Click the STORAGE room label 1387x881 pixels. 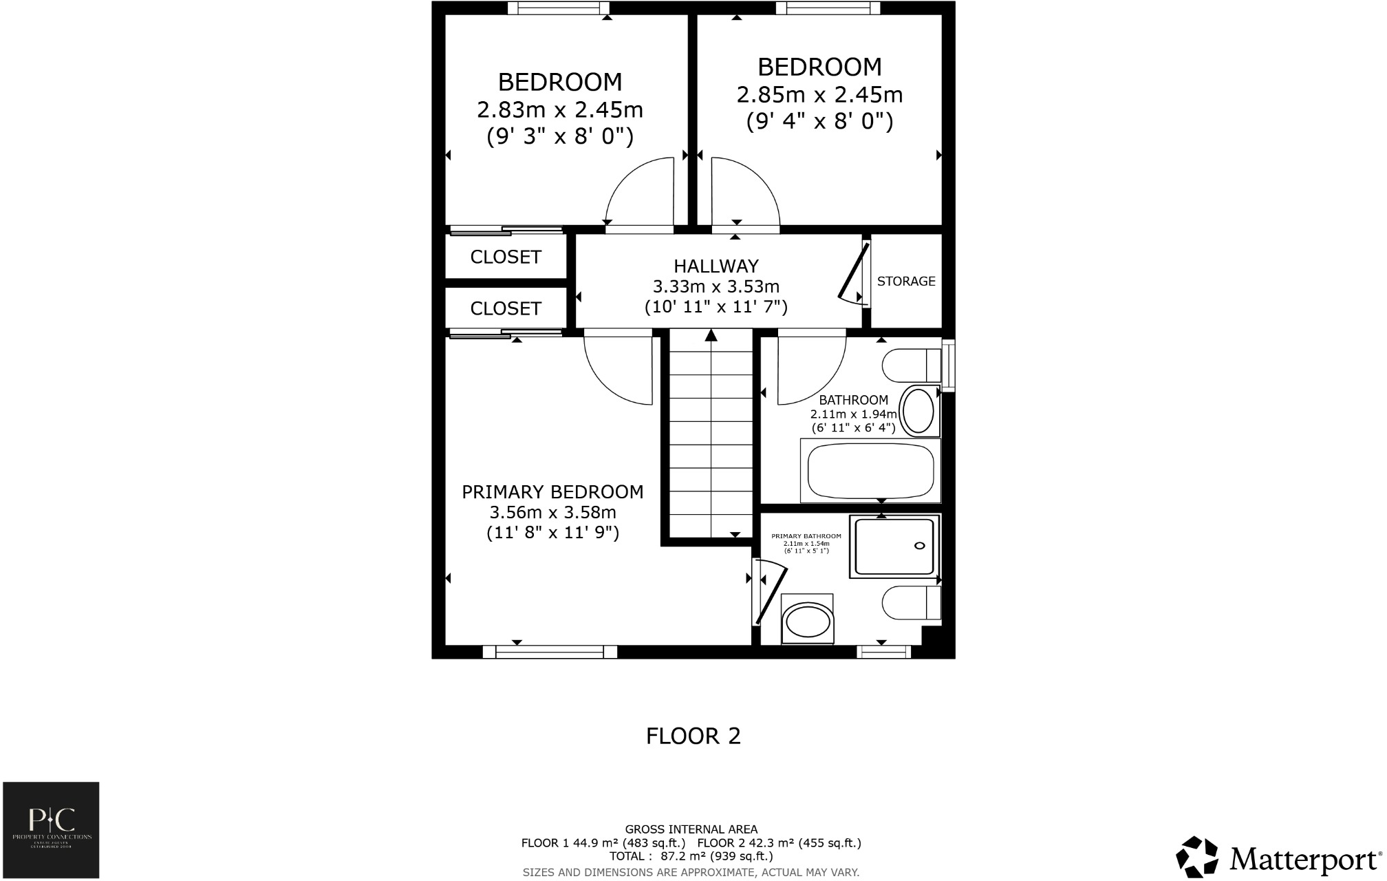tap(906, 281)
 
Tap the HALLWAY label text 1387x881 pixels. tap(716, 266)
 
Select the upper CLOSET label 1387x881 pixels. tap(506, 257)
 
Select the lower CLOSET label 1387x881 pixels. tap(506, 308)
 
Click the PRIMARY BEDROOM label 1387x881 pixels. tap(552, 492)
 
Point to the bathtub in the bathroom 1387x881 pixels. tap(870, 471)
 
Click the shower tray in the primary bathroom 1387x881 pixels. tap(894, 546)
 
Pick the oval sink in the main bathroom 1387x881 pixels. tap(919, 412)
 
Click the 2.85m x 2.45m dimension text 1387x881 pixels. tap(819, 94)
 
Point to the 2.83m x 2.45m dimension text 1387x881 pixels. tap(560, 109)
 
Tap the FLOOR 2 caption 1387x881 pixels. tap(693, 736)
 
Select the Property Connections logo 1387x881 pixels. tap(51, 829)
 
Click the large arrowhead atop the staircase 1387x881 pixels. tap(711, 335)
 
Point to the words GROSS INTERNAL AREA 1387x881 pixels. tap(691, 829)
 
